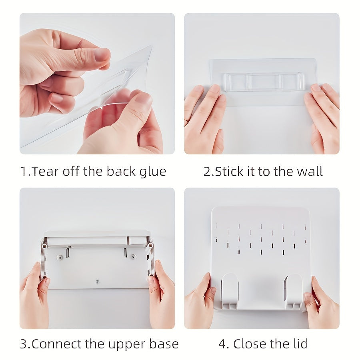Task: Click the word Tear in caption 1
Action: pos(44,171)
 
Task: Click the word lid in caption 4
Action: pos(300,344)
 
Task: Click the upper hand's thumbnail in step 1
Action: pos(102,54)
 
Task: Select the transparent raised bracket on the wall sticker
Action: pos(264,81)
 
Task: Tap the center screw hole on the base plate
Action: pos(97,281)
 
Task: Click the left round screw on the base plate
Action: pos(60,257)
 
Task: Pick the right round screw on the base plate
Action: pos(133,256)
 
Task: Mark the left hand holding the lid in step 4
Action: pos(199,303)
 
